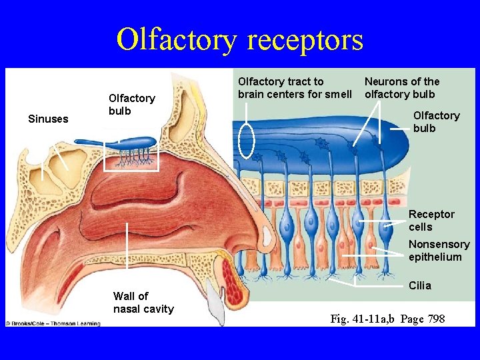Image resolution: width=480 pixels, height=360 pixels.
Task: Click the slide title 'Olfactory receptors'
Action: pos(240,39)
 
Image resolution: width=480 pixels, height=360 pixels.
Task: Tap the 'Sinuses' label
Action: pos(48,119)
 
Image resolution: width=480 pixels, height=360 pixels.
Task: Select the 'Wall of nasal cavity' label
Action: pos(143,302)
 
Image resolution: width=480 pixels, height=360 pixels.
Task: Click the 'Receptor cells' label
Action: pos(431,220)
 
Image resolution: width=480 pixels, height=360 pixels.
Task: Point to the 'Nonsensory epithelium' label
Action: pos(439,250)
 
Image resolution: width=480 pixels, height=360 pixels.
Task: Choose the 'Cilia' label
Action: pos(420,285)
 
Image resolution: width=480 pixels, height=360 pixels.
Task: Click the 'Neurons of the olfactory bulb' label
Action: pos(402,87)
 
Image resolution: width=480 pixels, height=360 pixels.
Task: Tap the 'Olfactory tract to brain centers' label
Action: pos(295,87)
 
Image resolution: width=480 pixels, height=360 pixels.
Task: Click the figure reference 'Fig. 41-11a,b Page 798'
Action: pos(387,319)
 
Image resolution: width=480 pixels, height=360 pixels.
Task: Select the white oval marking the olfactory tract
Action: pos(247,141)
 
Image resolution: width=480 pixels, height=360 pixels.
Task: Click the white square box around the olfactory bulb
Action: pos(132,154)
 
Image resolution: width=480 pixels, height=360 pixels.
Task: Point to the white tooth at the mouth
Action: pos(215,303)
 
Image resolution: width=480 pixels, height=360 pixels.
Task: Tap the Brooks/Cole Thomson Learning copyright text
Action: pos(53,323)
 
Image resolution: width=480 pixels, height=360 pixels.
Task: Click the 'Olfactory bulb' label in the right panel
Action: pos(436,121)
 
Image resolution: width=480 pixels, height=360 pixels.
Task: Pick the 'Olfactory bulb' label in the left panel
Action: pos(131,104)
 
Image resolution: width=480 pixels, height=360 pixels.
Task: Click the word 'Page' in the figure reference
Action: pos(413,319)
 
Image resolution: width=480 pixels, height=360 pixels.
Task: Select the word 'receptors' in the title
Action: pos(305,39)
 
